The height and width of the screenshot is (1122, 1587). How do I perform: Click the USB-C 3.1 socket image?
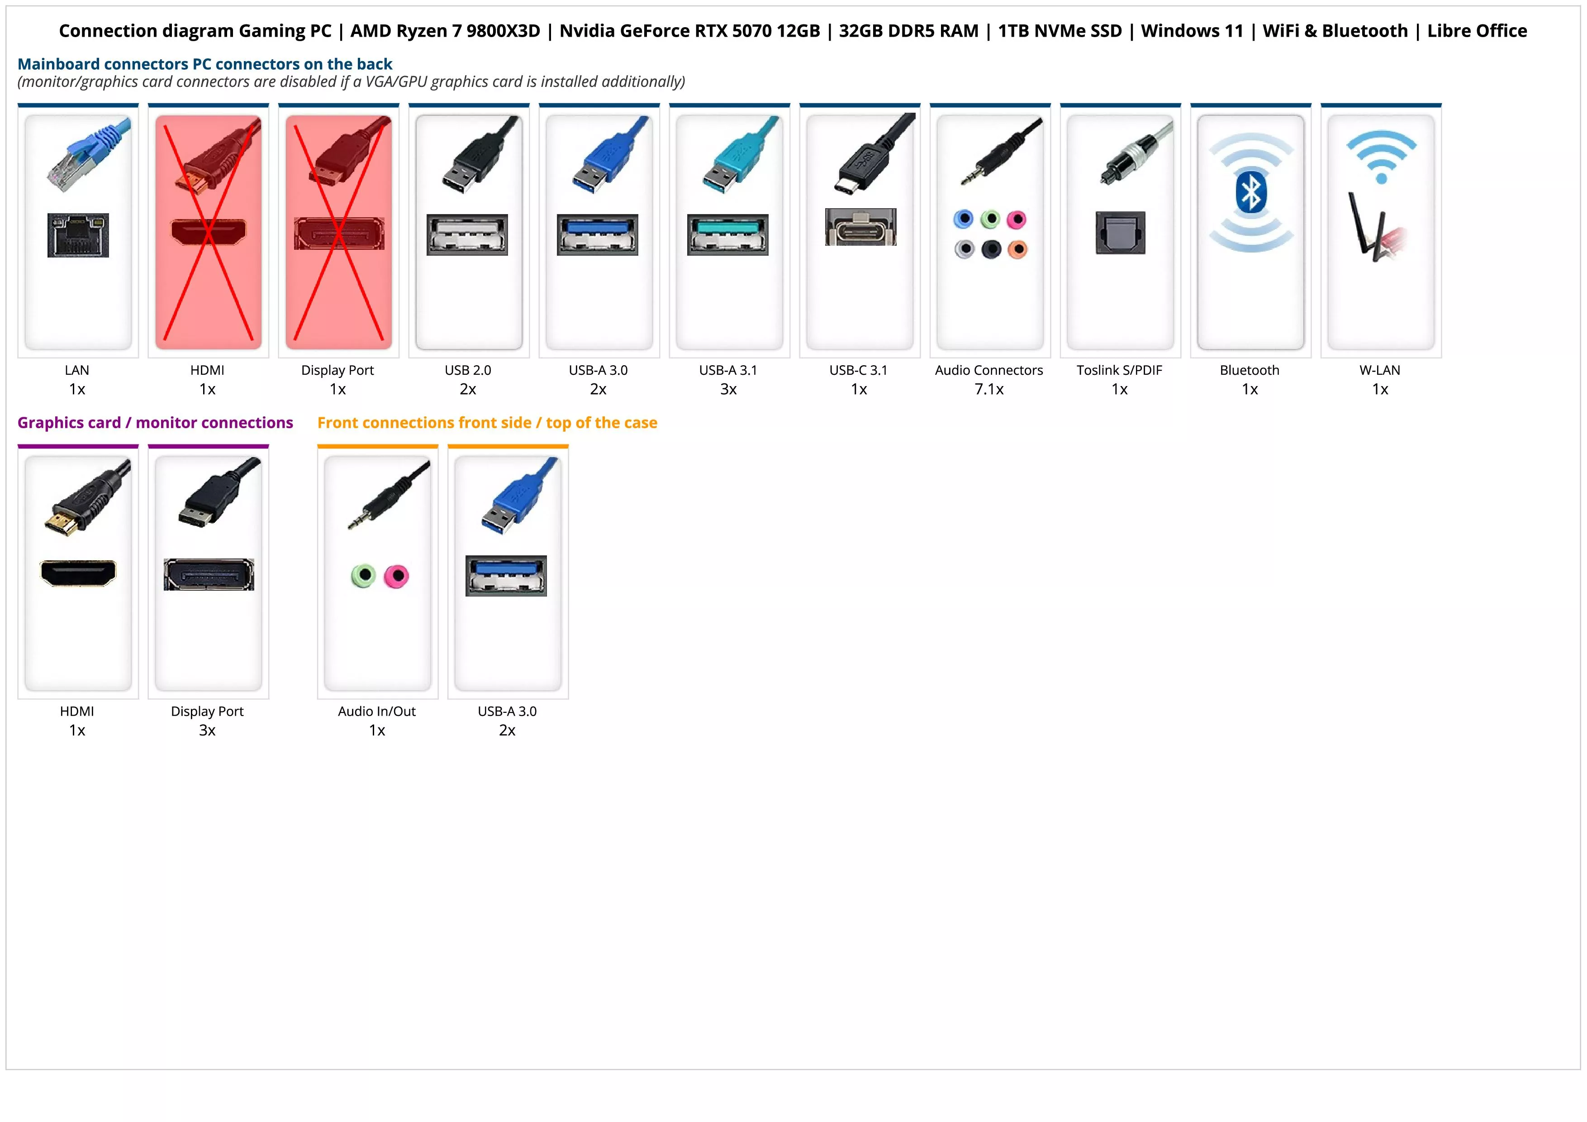click(860, 227)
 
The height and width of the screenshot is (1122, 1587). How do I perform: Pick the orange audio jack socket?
click(1017, 249)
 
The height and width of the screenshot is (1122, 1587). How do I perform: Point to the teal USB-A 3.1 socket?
click(728, 234)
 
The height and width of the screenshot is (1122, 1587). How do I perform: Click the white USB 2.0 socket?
click(467, 234)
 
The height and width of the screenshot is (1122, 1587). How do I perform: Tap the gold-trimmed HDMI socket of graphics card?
click(78, 573)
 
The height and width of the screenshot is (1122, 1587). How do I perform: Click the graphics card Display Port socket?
click(209, 574)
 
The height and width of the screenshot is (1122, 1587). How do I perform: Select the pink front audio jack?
click(397, 576)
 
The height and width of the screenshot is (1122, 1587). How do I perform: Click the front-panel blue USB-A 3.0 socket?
click(506, 575)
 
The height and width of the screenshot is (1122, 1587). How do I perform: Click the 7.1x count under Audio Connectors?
click(988, 390)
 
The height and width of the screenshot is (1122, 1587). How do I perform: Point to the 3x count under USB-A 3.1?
click(728, 390)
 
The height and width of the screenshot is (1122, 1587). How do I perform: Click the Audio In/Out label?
click(377, 711)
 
